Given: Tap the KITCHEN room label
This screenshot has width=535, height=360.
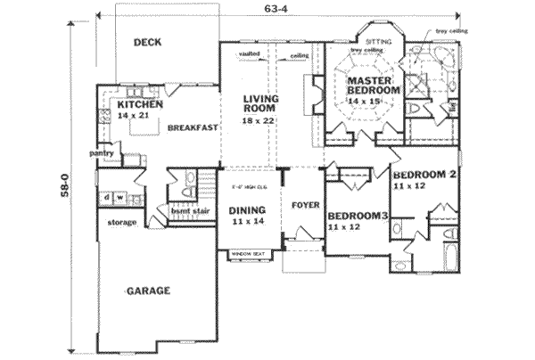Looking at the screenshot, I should point(138,105).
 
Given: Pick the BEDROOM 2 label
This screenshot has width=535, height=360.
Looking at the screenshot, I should point(424,175).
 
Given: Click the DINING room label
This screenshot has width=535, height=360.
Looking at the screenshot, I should point(246,211).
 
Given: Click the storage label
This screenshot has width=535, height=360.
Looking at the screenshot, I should point(121,221).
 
